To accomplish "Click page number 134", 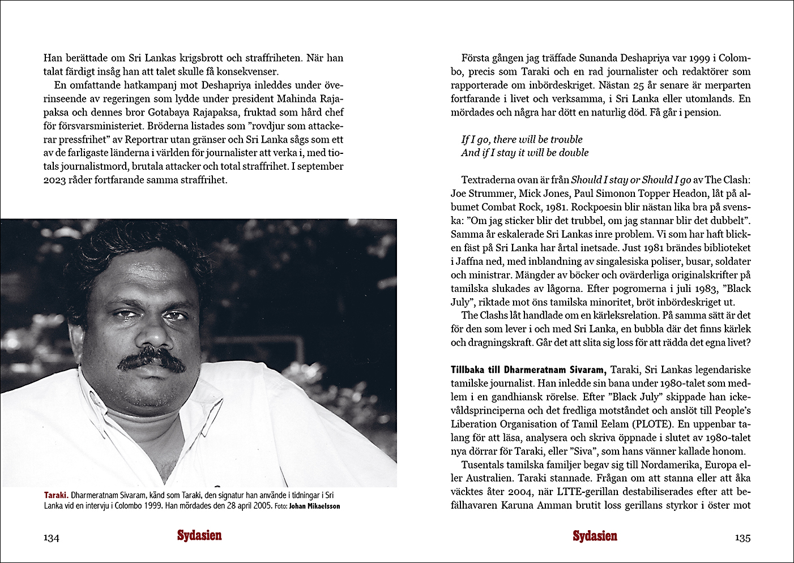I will [52, 538].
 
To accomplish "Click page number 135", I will [742, 538].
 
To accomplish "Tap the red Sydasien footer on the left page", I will [199, 536].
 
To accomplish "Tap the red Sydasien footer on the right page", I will [595, 536].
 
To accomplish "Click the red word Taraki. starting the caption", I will [56, 495].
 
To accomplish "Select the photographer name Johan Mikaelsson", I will [314, 506].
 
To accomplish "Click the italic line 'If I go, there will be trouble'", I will [522, 139].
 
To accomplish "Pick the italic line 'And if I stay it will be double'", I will [525, 153].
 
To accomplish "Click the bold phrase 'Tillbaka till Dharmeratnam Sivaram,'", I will [528, 370].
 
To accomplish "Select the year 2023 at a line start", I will [55, 180].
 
